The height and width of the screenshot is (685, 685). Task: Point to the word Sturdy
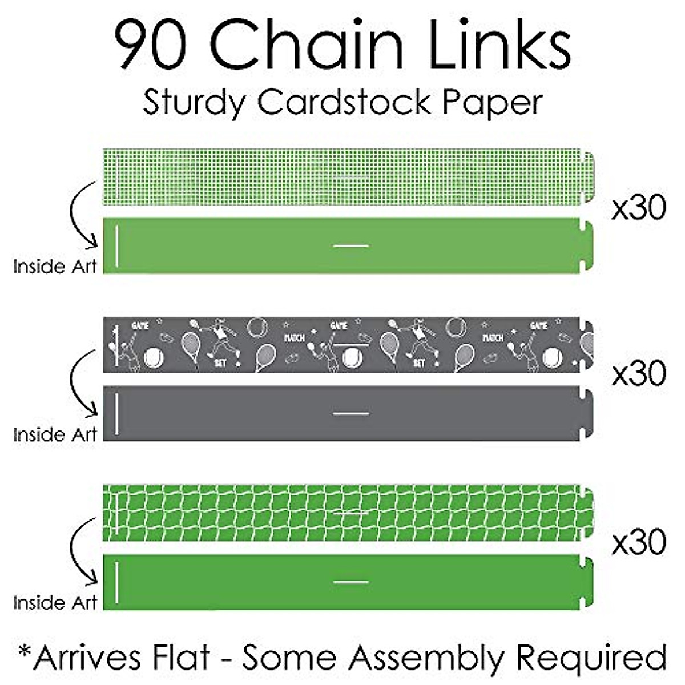pyautogui.click(x=194, y=103)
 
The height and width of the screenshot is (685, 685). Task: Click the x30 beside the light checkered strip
pyautogui.click(x=639, y=208)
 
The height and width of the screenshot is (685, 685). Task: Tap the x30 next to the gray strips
pyautogui.click(x=639, y=374)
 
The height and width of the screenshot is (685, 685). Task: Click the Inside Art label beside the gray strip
pyautogui.click(x=55, y=434)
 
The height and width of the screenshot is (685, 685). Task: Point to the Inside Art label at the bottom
pyautogui.click(x=55, y=602)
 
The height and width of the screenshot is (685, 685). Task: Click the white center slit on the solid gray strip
pyautogui.click(x=351, y=413)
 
